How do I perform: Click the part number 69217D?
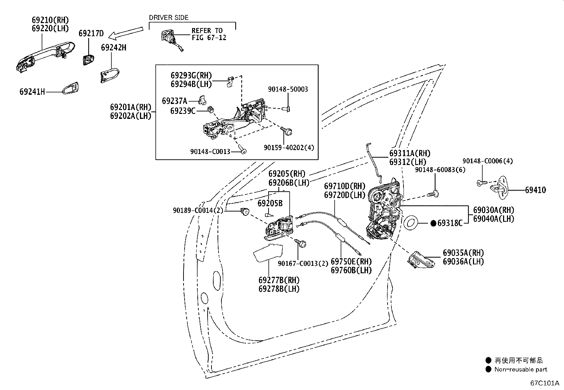[91, 33]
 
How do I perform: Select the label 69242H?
[114, 48]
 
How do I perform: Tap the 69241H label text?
[32, 92]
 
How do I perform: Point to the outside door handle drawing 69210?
[45, 57]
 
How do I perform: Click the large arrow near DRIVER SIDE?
[127, 33]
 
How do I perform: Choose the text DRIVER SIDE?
[169, 17]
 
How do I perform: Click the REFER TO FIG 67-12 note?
[209, 34]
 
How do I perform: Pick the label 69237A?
[175, 101]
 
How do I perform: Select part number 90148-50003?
[288, 89]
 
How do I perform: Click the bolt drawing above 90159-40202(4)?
[287, 131]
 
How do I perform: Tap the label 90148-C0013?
[210, 152]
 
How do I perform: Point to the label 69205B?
[270, 203]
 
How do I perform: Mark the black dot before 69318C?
[433, 223]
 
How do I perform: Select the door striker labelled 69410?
[499, 188]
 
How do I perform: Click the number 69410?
[535, 190]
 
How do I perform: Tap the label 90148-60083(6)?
[440, 170]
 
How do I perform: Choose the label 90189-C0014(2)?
[198, 210]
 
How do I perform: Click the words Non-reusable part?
[521, 369]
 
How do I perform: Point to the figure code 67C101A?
[545, 383]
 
